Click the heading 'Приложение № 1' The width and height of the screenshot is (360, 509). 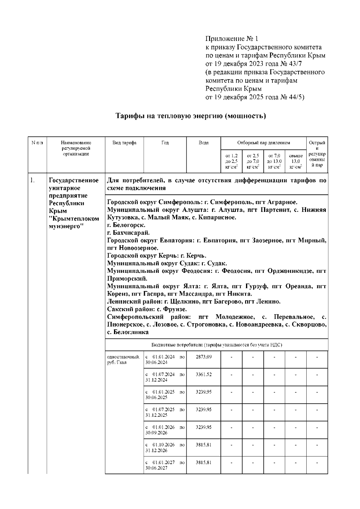click(232, 39)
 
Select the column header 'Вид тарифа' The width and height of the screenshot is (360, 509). click(124, 143)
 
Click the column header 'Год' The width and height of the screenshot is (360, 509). click(165, 143)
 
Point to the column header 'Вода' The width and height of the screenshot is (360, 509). click(203, 143)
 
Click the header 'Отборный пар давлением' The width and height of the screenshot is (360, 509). click(263, 143)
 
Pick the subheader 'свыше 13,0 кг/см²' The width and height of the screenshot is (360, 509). click(295, 161)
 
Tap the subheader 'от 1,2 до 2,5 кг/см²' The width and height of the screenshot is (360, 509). click(231, 161)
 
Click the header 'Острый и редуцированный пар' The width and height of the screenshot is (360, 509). click(317, 154)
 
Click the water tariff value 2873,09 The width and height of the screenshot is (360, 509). click(203, 357)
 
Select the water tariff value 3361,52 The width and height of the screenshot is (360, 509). click(203, 375)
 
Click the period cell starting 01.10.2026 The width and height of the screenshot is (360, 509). click(165, 447)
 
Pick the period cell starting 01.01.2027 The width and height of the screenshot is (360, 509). click(165, 465)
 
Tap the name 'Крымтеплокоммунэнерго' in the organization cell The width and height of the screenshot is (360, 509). click(74, 222)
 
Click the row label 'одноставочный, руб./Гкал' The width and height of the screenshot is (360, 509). click(123, 360)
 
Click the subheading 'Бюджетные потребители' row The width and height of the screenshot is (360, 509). click(217, 345)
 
